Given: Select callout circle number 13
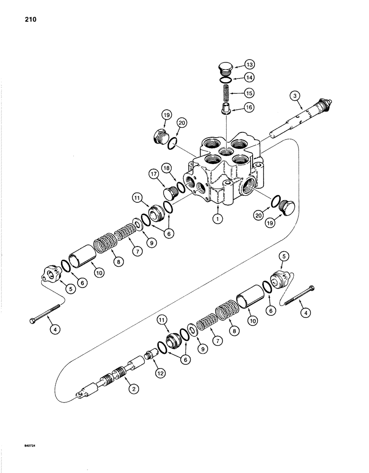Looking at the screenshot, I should pyautogui.click(x=250, y=65).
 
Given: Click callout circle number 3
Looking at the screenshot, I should pyautogui.click(x=295, y=97).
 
